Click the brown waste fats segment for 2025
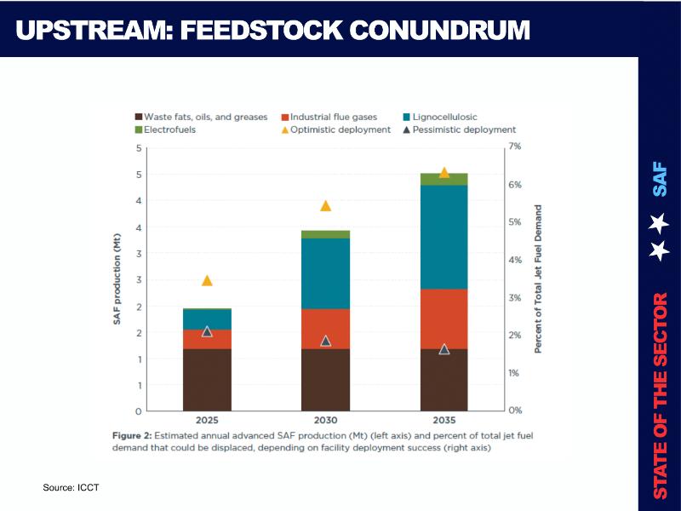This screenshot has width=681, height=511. click(207, 379)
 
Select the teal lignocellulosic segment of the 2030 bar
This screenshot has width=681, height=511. click(325, 273)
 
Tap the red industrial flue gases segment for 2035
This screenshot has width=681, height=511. click(444, 319)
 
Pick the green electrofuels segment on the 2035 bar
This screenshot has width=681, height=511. click(444, 179)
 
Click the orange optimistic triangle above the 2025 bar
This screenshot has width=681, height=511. click(207, 280)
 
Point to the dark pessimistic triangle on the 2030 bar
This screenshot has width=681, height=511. click(325, 341)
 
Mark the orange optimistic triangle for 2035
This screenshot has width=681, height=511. click(444, 172)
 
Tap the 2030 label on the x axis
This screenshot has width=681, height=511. click(325, 420)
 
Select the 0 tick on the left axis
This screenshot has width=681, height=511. click(139, 411)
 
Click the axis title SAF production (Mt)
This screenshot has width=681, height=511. click(118, 278)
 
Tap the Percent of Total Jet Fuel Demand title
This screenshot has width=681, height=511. click(538, 278)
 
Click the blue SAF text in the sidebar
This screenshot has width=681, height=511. click(660, 180)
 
